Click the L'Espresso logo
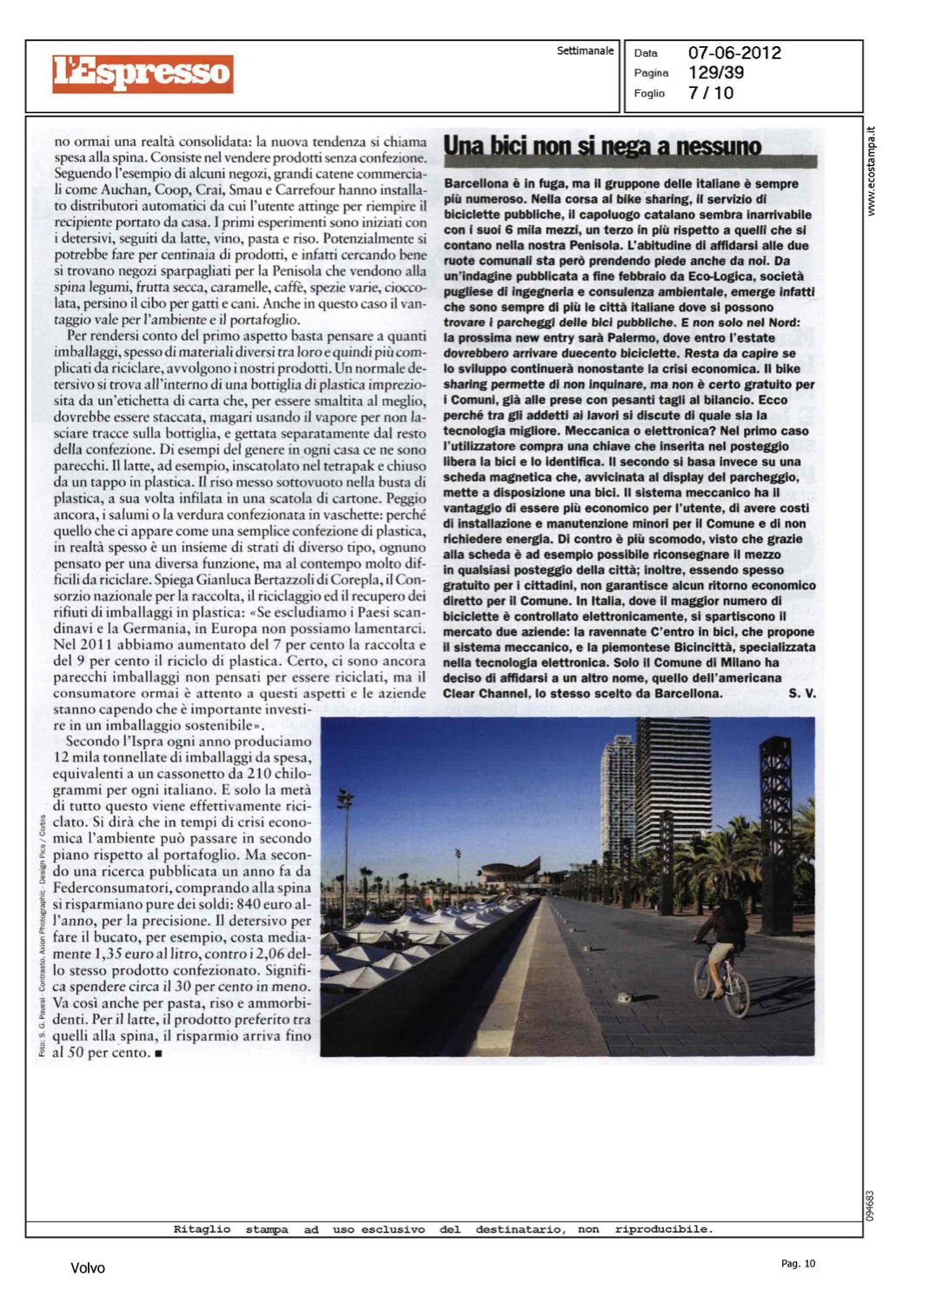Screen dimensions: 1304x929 (x=143, y=73)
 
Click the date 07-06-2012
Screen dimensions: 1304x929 (x=734, y=53)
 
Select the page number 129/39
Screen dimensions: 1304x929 (x=716, y=73)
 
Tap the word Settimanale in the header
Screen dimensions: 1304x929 (x=585, y=51)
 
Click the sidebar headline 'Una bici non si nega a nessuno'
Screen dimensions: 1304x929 (x=602, y=146)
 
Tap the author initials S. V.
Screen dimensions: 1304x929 (x=801, y=694)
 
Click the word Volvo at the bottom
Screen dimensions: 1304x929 (x=87, y=1268)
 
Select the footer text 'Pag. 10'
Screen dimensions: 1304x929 (x=798, y=1264)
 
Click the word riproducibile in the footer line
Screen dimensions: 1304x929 (x=663, y=1229)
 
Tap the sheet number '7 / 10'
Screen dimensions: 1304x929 (x=710, y=93)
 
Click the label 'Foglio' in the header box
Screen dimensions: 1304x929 (x=649, y=93)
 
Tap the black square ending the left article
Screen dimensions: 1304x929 (x=158, y=1054)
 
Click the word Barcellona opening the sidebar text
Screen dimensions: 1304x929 (x=476, y=183)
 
